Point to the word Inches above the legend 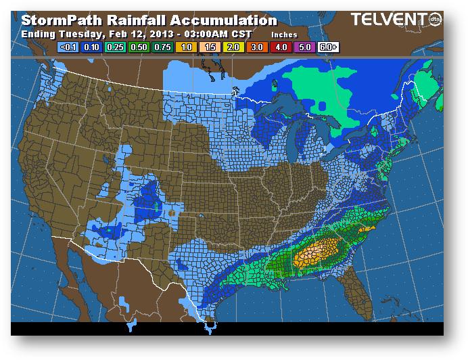click(x=284, y=34)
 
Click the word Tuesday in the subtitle click(x=80, y=34)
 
